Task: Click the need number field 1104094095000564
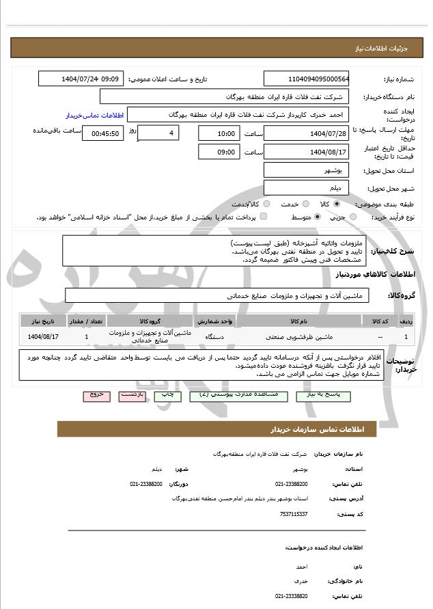(x=306, y=79)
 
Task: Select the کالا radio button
(x=337, y=204)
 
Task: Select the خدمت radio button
(x=305, y=204)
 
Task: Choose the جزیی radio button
(x=352, y=217)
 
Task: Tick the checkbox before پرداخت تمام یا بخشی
(x=264, y=217)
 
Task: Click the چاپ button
(x=167, y=396)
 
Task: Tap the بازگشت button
(x=131, y=396)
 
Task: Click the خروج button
(x=96, y=396)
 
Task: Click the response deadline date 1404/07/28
(x=306, y=133)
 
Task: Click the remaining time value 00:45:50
(x=102, y=133)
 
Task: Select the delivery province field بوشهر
(x=306, y=170)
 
